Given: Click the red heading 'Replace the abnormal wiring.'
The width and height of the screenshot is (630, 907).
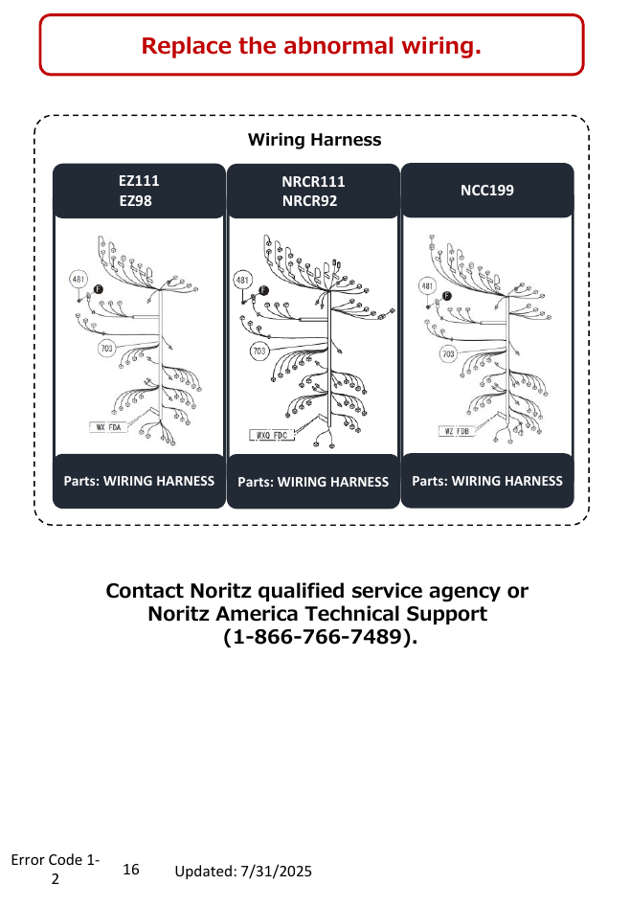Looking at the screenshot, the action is (x=311, y=46).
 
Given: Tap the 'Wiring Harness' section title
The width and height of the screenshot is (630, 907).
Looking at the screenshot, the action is (x=315, y=140).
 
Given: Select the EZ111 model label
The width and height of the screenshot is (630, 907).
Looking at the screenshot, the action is (x=139, y=181).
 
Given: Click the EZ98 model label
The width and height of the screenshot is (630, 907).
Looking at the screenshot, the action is (x=135, y=201).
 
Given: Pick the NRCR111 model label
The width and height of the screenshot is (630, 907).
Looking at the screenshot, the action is (x=313, y=182).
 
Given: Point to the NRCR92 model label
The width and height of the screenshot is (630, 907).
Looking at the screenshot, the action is (x=309, y=201).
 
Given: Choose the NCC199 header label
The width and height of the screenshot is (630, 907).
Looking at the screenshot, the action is (x=487, y=191).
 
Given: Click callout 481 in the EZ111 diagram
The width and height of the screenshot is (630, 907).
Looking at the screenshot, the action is (x=79, y=279).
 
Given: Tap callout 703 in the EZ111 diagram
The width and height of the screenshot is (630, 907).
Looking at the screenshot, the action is (x=106, y=349).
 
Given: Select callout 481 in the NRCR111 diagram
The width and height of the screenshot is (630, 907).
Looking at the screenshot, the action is (x=242, y=281).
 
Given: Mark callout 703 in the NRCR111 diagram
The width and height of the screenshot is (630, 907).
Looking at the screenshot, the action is (x=259, y=351).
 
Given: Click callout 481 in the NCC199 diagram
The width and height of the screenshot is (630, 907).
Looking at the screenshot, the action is (x=427, y=285).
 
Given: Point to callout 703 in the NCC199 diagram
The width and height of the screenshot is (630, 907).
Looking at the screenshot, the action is (x=448, y=354).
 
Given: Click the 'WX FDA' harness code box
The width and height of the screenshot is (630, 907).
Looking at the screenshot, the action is (x=108, y=427).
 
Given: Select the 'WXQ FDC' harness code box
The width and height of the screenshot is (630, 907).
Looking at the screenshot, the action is (x=272, y=435).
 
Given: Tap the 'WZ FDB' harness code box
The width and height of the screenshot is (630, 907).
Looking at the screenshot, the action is (x=457, y=431).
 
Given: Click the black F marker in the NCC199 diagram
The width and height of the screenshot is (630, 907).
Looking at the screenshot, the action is (x=446, y=296).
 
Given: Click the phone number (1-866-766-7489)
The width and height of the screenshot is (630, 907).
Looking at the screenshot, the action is (x=320, y=637).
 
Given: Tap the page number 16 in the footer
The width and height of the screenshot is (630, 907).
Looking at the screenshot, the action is (x=131, y=870).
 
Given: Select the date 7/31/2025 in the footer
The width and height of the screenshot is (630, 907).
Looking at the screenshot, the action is (x=276, y=872).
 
